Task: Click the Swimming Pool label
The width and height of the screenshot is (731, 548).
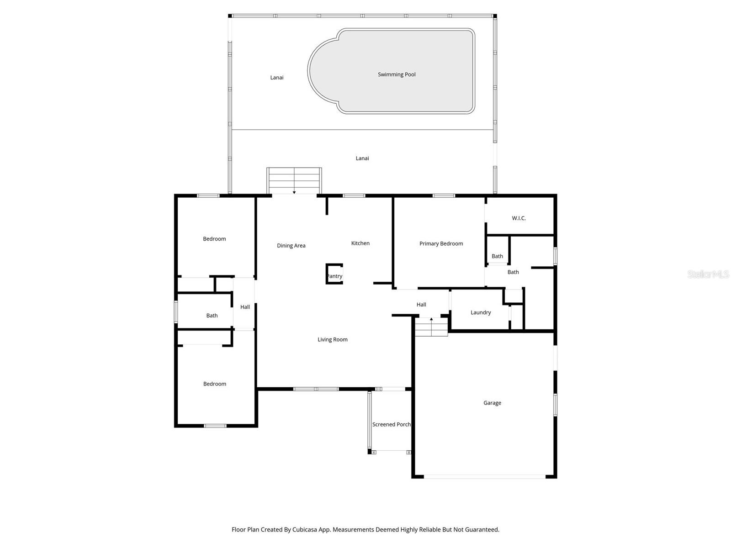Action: (x=397, y=74)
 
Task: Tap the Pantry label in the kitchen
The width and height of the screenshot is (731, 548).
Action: (x=334, y=276)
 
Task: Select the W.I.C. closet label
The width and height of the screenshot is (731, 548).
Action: (x=519, y=218)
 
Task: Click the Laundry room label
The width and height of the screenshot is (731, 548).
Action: (x=481, y=312)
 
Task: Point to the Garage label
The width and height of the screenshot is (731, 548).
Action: (x=492, y=403)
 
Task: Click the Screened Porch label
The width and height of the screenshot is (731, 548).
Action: (x=391, y=424)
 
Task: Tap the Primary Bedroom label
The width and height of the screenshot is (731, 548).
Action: (x=441, y=243)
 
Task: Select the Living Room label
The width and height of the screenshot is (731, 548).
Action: (x=333, y=339)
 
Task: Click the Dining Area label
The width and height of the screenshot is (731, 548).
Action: (x=291, y=246)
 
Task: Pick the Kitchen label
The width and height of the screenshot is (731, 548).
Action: (x=360, y=243)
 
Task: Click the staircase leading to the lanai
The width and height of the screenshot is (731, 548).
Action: (x=294, y=180)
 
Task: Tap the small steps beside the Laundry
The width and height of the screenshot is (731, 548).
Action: (x=431, y=327)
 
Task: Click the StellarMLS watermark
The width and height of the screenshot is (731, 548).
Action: (x=708, y=274)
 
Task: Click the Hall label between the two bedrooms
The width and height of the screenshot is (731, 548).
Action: (x=245, y=307)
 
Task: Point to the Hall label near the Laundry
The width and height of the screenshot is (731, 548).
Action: (x=421, y=305)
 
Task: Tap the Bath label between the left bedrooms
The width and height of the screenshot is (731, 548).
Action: (x=212, y=316)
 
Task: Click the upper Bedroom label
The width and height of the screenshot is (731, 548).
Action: (x=214, y=239)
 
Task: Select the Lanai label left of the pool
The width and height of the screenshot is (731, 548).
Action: (x=277, y=78)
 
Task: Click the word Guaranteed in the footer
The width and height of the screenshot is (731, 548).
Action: (x=482, y=530)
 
